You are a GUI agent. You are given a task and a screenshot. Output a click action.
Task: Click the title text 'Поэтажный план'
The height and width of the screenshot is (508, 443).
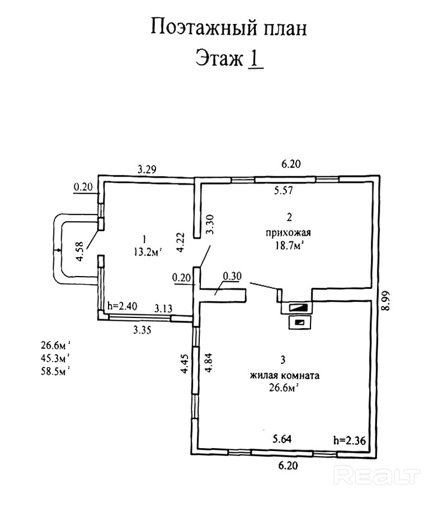229,27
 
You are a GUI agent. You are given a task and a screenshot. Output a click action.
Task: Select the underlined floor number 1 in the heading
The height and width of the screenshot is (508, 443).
255,59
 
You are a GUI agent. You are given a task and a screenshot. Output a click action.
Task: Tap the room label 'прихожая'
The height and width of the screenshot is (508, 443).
288,232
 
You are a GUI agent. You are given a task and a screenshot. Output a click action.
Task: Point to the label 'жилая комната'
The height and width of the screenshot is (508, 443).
285,375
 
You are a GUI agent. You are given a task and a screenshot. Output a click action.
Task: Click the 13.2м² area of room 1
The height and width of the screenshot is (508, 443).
147,251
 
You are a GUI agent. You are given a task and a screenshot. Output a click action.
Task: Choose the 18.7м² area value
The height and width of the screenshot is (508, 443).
289,245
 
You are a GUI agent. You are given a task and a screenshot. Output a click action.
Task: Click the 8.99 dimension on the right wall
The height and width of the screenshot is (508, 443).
385,301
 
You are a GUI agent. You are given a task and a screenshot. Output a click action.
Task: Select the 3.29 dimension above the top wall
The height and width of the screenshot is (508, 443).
147,169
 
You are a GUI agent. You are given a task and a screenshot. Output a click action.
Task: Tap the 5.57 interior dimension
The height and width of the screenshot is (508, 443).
283,191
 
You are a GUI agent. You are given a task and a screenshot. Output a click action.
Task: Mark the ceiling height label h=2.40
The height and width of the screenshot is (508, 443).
122,306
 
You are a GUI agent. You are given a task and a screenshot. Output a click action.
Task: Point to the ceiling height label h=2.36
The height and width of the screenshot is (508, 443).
350,440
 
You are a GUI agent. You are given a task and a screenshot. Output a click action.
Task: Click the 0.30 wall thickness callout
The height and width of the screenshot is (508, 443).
232,276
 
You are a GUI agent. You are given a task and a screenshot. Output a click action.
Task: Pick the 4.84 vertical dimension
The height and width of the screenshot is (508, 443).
209,363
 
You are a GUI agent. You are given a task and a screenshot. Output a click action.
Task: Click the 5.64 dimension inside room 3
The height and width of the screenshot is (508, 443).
282,439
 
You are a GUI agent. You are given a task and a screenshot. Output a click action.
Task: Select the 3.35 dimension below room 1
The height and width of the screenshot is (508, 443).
142,330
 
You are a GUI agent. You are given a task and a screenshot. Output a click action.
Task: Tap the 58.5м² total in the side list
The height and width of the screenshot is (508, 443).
55,371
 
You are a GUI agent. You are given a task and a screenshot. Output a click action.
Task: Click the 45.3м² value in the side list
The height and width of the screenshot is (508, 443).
55,358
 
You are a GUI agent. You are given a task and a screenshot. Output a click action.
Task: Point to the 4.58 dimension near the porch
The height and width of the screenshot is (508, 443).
79,251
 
